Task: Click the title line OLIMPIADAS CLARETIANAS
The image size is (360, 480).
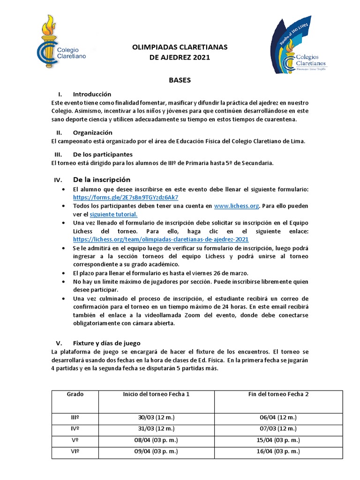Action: click(x=180, y=47)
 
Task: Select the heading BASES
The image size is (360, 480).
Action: click(x=180, y=80)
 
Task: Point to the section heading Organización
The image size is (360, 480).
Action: click(x=93, y=133)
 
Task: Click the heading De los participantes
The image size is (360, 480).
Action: click(x=103, y=154)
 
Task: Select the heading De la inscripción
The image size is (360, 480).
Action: click(x=102, y=180)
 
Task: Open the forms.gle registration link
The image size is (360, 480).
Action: click(x=126, y=197)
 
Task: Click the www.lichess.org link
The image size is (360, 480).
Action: click(x=237, y=206)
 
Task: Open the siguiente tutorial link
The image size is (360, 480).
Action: click(x=113, y=214)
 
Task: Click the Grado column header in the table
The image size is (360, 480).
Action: click(x=75, y=394)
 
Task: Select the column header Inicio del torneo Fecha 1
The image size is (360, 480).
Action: click(x=156, y=394)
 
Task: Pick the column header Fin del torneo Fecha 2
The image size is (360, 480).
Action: click(x=278, y=394)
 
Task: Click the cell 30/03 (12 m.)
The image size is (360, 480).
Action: click(x=156, y=418)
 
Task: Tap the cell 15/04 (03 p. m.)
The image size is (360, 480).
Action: click(x=278, y=440)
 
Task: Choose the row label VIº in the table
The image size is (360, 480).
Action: click(x=75, y=451)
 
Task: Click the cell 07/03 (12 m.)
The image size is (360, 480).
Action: click(x=278, y=429)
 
